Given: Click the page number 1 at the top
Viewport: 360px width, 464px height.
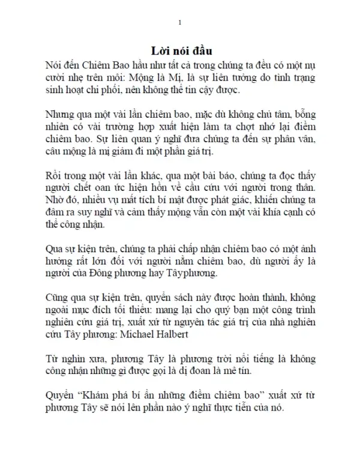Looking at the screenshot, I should tap(180, 23).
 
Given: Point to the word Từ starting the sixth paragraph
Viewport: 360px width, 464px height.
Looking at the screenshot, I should tap(52, 358).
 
